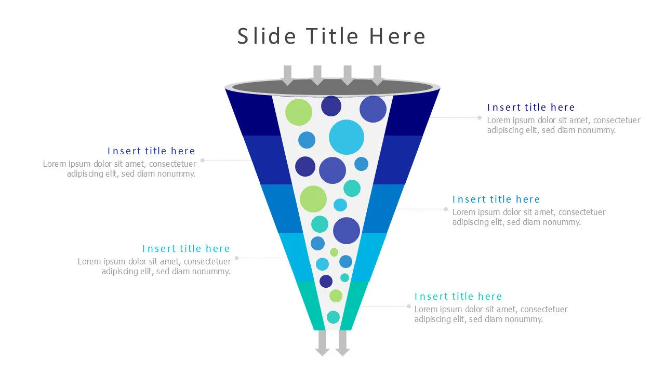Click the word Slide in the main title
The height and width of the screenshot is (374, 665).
[x=267, y=36]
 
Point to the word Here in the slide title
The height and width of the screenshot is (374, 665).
[x=397, y=36]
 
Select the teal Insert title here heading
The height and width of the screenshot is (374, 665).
[x=458, y=297]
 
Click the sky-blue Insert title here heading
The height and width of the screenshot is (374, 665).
[x=186, y=249]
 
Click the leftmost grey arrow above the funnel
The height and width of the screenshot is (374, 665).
[x=287, y=75]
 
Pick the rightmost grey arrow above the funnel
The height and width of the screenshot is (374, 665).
[x=378, y=75]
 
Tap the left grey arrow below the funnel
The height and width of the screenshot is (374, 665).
[x=323, y=343]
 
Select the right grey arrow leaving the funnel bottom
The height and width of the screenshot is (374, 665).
[x=342, y=343]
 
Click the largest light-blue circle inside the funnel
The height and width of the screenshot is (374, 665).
[x=347, y=137]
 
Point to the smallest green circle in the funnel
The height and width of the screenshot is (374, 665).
[x=334, y=252]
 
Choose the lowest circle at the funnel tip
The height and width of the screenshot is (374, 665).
[x=333, y=317]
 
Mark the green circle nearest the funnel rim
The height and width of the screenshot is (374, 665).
[x=299, y=112]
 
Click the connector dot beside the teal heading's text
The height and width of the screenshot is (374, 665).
[x=409, y=306]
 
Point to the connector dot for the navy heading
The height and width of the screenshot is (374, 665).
[x=480, y=118]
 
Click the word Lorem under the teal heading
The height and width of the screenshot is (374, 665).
[x=426, y=310]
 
